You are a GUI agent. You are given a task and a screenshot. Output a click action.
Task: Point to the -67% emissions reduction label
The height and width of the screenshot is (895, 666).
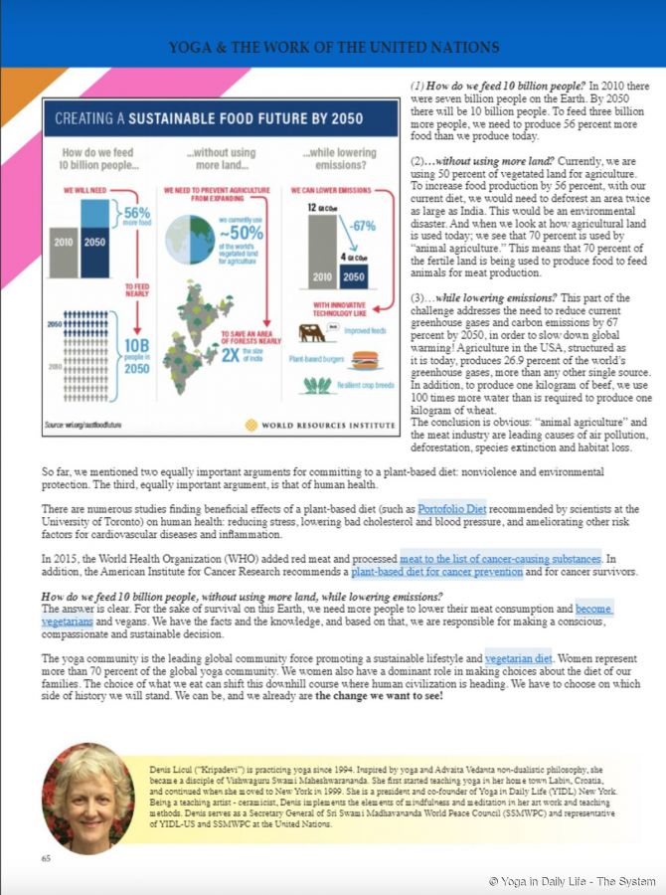coord(362,227)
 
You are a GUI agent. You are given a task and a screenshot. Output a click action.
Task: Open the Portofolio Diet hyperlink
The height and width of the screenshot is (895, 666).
coord(452,509)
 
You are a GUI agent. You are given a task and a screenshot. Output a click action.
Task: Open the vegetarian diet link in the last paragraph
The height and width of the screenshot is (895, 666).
coord(518,658)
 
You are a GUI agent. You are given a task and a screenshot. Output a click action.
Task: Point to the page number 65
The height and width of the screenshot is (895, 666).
coord(46,857)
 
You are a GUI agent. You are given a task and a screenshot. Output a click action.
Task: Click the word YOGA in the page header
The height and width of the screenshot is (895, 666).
coord(188,47)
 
